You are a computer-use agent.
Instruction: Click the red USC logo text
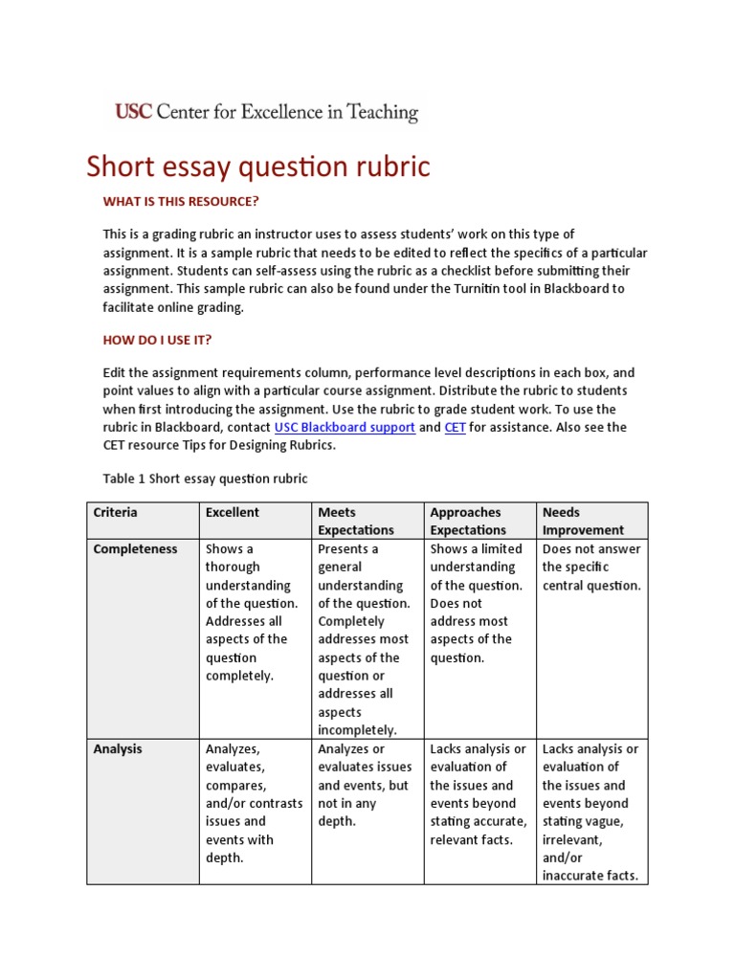[x=133, y=113]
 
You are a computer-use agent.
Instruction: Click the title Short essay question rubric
[x=258, y=167]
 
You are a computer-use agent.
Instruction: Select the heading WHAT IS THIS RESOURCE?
[x=181, y=201]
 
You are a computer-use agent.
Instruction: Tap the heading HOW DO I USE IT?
[x=157, y=340]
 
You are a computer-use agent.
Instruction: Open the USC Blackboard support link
[x=345, y=428]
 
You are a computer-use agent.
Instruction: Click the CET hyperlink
[x=455, y=428]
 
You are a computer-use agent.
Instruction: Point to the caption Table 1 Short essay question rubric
[x=205, y=479]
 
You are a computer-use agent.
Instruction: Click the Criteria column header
[x=115, y=513]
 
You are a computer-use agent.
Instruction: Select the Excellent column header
[x=233, y=513]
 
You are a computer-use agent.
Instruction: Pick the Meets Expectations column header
[x=356, y=521]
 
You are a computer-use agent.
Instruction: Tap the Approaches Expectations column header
[x=468, y=521]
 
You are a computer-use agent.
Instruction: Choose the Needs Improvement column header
[x=583, y=521]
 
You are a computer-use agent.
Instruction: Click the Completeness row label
[x=135, y=549]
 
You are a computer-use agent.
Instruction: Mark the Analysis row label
[x=118, y=749]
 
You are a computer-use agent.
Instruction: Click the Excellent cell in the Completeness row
[x=253, y=612]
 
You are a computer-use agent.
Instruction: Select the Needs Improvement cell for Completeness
[x=591, y=568]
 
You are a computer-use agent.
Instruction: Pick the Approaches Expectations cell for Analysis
[x=478, y=794]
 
